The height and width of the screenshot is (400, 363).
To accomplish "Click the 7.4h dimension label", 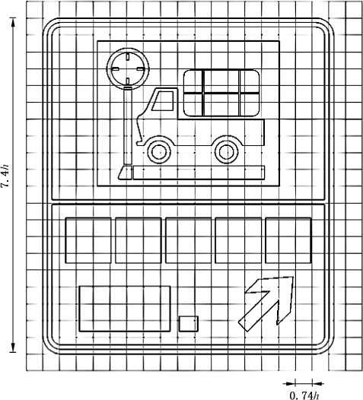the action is [5, 176].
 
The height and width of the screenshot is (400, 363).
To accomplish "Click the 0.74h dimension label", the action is [304, 395].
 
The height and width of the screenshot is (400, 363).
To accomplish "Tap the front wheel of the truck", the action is [159, 152].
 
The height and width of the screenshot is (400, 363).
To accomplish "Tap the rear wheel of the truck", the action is [226, 152].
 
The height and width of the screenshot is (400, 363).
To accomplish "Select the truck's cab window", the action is [163, 101].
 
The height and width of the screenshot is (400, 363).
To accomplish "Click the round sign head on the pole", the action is [127, 68].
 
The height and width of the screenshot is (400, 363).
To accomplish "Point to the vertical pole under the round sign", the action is [127, 126].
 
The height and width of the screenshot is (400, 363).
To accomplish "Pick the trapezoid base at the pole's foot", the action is [126, 173].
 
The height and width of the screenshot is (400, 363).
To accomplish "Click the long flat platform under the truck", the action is [199, 173].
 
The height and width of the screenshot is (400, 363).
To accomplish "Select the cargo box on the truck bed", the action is [221, 93].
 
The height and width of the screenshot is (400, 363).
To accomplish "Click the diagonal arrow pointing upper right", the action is [266, 304].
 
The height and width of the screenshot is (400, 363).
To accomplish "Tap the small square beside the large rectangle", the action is [189, 324].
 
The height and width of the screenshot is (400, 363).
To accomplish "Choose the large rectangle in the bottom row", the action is [125, 309].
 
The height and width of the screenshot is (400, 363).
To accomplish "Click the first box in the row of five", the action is [88, 240].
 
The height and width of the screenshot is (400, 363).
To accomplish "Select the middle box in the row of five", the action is [189, 240].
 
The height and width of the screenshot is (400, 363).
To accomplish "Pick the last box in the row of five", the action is [288, 240].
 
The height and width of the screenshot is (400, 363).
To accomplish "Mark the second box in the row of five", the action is [139, 240].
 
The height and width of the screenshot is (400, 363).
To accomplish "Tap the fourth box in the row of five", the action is [238, 240].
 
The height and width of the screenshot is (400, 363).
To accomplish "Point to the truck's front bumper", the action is [140, 143].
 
